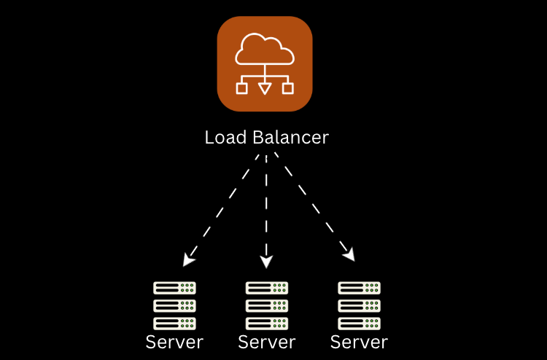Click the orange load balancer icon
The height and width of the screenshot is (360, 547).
tap(265, 63)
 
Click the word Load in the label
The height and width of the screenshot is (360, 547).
tap(223, 138)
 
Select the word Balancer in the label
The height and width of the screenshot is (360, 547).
tap(290, 138)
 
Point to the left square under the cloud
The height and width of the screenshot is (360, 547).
tap(242, 88)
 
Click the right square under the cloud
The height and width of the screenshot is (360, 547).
tap(288, 88)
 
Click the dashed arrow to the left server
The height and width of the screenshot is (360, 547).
tap(222, 207)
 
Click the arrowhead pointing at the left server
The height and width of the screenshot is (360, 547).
tap(189, 257)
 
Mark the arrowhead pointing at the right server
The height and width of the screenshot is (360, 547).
tap(349, 254)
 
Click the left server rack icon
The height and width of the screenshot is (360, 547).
tap(175, 305)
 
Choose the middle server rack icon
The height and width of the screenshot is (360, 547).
tap(267, 305)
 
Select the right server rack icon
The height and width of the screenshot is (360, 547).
tap(360, 305)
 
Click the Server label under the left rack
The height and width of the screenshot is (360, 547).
tap(174, 342)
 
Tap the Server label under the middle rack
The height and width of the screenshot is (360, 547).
tap(267, 342)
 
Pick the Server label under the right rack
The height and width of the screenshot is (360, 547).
tap(360, 342)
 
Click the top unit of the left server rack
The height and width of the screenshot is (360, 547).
tap(175, 288)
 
